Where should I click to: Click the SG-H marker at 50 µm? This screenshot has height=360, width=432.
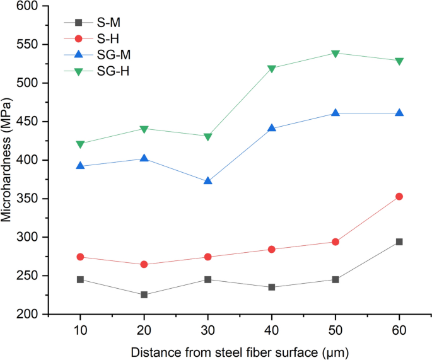point(336,54)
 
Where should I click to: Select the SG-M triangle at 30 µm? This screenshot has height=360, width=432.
point(208,181)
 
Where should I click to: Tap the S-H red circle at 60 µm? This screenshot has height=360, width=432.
point(399,197)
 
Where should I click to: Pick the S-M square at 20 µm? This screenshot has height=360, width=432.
point(144,294)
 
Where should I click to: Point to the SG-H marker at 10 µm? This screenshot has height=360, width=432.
point(81,144)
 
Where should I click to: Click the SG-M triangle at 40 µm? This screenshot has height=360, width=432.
point(272,128)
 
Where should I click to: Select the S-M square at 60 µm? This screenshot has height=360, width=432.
point(399,241)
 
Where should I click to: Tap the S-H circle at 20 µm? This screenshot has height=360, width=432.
point(144,264)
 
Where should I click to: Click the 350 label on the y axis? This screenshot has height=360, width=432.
point(37,199)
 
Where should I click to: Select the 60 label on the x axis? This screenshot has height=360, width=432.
point(399,329)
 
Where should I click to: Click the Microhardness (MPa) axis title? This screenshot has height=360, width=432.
point(8,160)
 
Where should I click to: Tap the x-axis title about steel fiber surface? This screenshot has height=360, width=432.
point(240,350)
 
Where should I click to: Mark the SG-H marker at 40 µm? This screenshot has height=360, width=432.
point(272,69)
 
